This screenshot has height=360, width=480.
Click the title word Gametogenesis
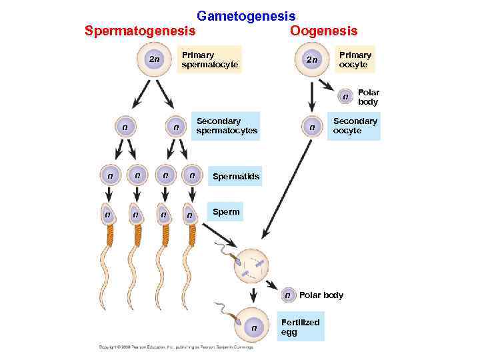pyautogui.click(x=246, y=15)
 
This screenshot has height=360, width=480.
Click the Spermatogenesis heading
pyautogui.click(x=140, y=31)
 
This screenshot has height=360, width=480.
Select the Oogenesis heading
pyautogui.click(x=323, y=31)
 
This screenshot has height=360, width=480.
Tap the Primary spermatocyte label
pyautogui.click(x=209, y=59)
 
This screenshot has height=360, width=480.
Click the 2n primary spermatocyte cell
pyautogui.click(x=154, y=60)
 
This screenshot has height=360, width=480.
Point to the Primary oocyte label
pyautogui.click(x=355, y=59)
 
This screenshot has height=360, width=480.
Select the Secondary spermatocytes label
pyautogui.click(x=227, y=126)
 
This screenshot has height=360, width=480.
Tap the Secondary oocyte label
pyautogui.click(x=355, y=126)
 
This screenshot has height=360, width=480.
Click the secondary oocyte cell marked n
pyautogui.click(x=311, y=127)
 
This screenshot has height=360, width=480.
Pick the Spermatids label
pyautogui.click(x=235, y=177)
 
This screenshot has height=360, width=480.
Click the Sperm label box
pyautogui.click(x=225, y=212)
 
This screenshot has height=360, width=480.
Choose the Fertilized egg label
pyautogui.click(x=300, y=327)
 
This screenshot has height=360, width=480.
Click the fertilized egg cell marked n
pyautogui.click(x=254, y=327)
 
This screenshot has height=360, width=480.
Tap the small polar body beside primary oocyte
pyautogui.click(x=345, y=97)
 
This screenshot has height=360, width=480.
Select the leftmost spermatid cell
pyautogui.click(x=109, y=175)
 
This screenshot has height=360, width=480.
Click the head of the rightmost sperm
pyautogui.click(x=191, y=214)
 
